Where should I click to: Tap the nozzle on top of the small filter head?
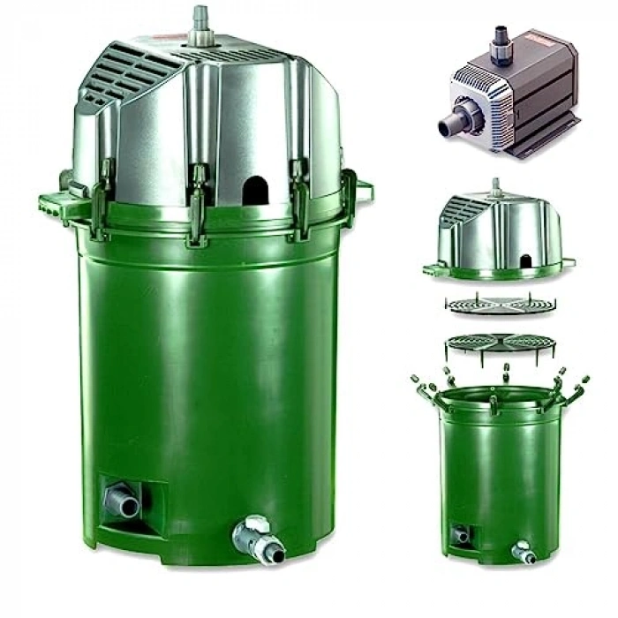(x=496, y=186)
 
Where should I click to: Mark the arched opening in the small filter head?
(x=526, y=261)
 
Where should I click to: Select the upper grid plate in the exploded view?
(x=501, y=305)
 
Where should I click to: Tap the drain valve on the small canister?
(x=524, y=553)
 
